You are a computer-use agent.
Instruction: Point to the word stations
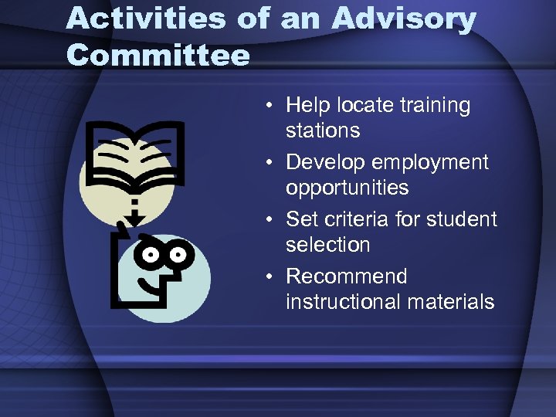[x=323, y=131]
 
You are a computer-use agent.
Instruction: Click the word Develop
[x=326, y=162]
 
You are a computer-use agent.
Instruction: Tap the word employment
[x=430, y=162]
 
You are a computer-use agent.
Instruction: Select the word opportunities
[x=347, y=188]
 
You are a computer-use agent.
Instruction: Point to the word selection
[x=327, y=245]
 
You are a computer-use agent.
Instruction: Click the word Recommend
[x=346, y=276]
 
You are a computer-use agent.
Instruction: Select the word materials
[x=450, y=301]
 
